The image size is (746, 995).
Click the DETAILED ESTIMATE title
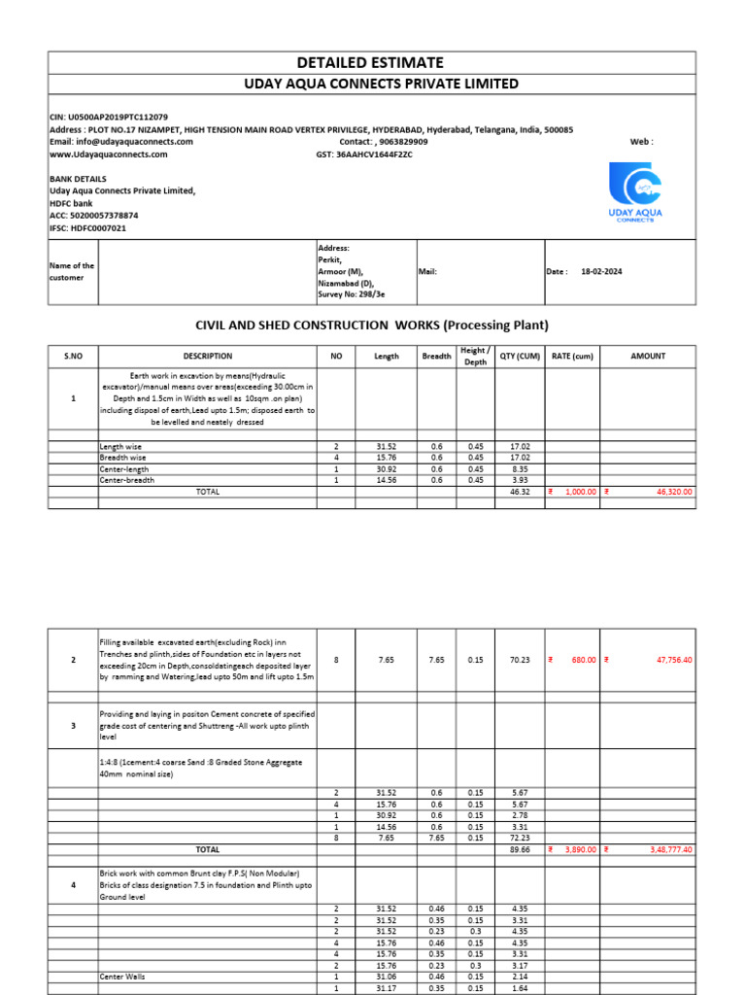pos(372,62)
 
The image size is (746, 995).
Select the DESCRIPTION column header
pos(207,357)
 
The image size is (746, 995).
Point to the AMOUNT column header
pos(648,357)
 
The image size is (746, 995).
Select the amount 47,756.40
pos(673,660)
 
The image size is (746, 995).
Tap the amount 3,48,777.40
pos(669,849)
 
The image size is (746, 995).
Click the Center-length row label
pos(121,468)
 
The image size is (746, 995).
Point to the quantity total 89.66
pos(520,849)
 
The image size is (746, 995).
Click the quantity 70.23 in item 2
pos(520,660)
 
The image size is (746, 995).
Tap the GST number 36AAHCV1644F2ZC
pos(374,154)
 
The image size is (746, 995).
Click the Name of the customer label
pos(72,271)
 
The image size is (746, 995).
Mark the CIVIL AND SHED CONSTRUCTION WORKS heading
pos(372,325)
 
